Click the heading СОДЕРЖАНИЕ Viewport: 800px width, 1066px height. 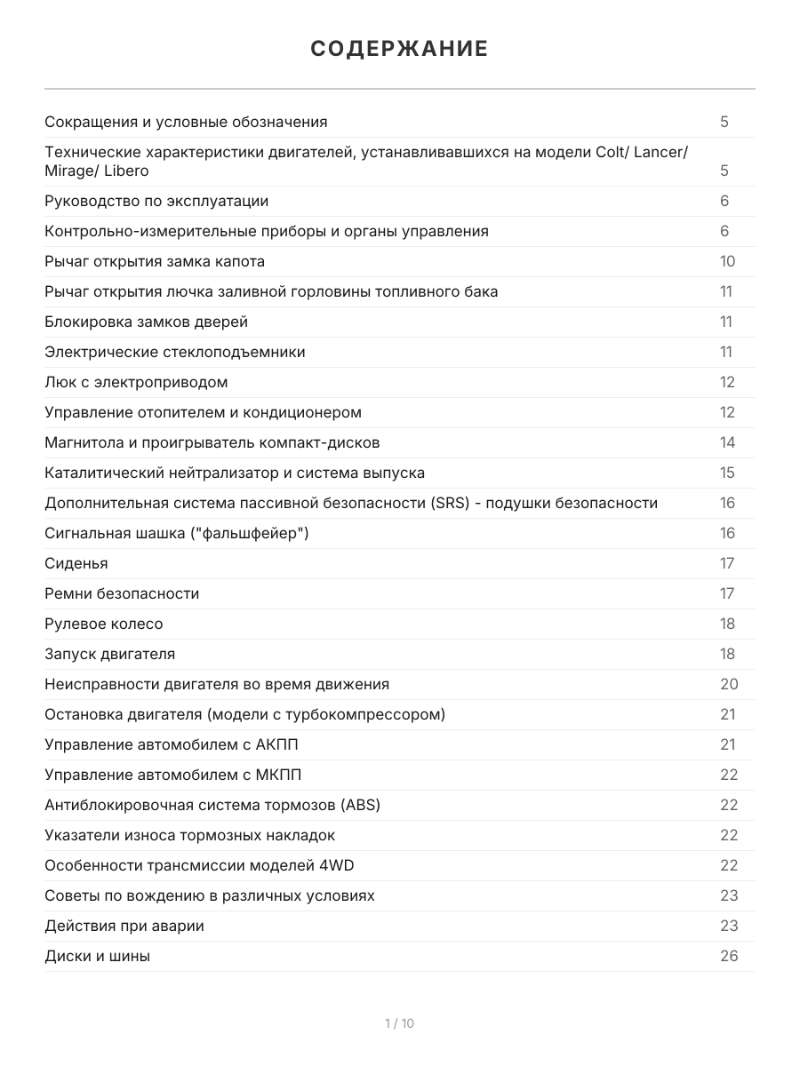tap(399, 49)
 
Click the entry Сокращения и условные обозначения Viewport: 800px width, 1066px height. tap(186, 122)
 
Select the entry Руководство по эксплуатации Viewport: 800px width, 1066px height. tap(156, 201)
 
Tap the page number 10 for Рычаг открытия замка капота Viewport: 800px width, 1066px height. tap(727, 261)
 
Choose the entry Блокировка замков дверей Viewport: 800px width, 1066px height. tap(146, 322)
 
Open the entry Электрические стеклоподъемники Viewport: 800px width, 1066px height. tap(174, 352)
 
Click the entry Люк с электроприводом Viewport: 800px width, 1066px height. tap(136, 382)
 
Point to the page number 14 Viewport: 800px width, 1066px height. tap(727, 442)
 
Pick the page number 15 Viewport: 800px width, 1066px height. tap(727, 473)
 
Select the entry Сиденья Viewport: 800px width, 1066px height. tap(76, 563)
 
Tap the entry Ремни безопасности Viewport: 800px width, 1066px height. tap(122, 593)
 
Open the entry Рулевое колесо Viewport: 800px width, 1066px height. tap(104, 624)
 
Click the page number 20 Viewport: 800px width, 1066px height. tap(729, 684)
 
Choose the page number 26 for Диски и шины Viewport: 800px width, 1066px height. tap(729, 956)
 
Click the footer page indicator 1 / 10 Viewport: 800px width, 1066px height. tap(399, 1023)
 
